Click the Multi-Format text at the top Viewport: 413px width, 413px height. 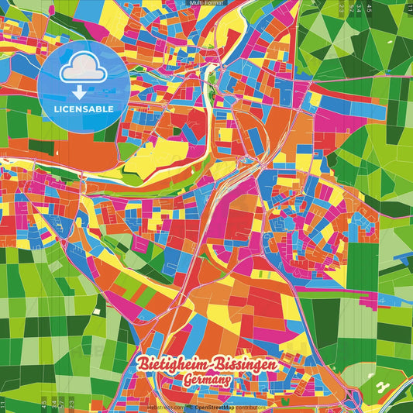[205, 3]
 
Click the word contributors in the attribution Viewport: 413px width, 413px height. [250, 407]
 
